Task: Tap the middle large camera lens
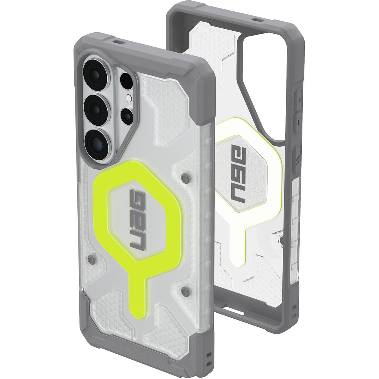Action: (97, 110)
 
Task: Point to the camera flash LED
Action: (128, 98)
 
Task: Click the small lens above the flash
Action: (127, 81)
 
